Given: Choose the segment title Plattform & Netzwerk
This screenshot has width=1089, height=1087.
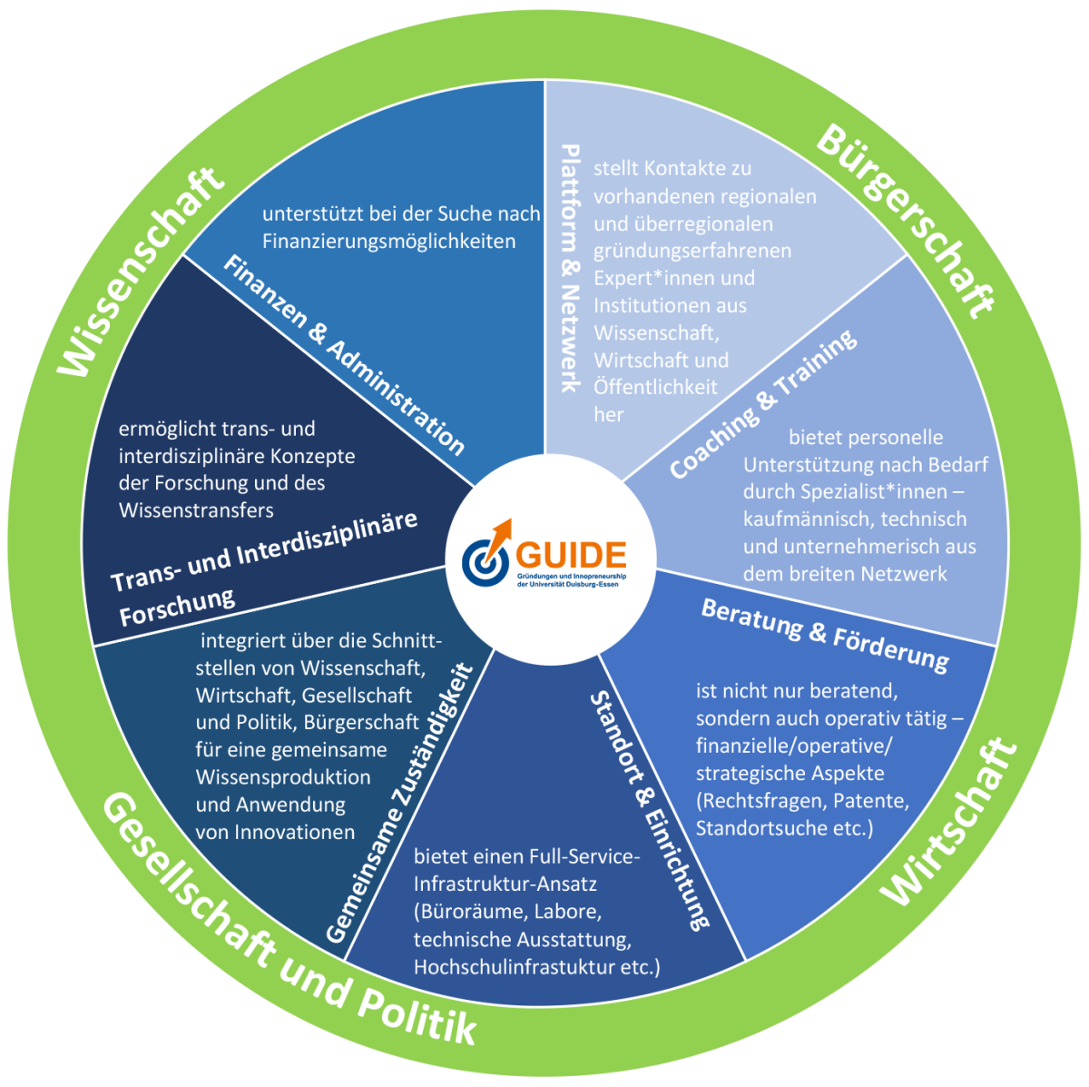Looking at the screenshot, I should pos(570,268).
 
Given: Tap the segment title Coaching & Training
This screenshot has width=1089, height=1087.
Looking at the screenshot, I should pos(762,403).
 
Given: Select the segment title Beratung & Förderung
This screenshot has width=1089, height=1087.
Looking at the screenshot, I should pos(825,634).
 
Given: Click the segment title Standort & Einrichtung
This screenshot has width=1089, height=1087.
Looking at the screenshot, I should pos(648,809).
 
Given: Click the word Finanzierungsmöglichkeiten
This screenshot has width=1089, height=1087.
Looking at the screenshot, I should pos(389,242).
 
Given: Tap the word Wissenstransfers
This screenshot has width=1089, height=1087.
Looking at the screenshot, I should pos(196,510).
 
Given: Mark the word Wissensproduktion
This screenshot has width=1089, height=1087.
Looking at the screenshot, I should pos(283,777).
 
